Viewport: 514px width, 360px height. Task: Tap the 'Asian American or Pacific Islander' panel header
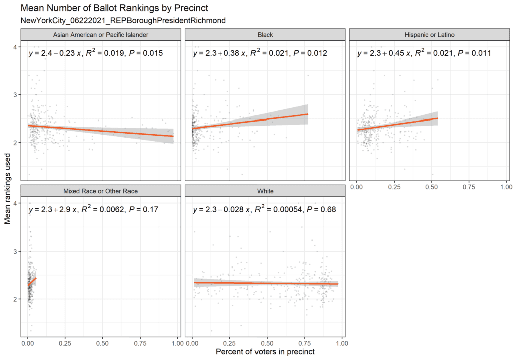click(100, 35)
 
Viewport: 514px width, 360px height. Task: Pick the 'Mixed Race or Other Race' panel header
click(100, 191)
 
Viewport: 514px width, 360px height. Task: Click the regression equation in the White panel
click(265, 209)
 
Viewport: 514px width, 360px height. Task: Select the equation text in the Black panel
click(260, 53)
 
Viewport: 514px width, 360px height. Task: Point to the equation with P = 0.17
click(93, 209)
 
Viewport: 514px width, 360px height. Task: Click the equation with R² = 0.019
click(95, 53)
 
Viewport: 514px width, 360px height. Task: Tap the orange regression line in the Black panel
click(251, 122)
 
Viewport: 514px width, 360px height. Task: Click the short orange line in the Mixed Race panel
click(32, 282)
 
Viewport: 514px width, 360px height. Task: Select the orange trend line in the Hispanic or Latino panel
click(397, 124)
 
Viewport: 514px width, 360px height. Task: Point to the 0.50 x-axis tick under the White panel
click(267, 343)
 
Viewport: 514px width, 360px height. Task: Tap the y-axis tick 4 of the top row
click(16, 47)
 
